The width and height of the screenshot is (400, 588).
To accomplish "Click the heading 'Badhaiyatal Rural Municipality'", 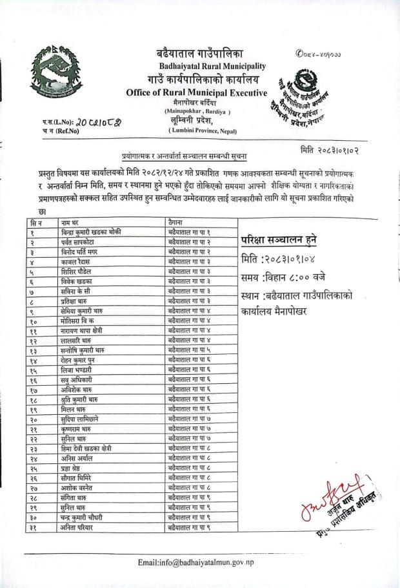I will (x=212, y=67).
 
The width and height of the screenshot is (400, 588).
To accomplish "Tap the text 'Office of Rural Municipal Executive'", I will (x=197, y=93).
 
